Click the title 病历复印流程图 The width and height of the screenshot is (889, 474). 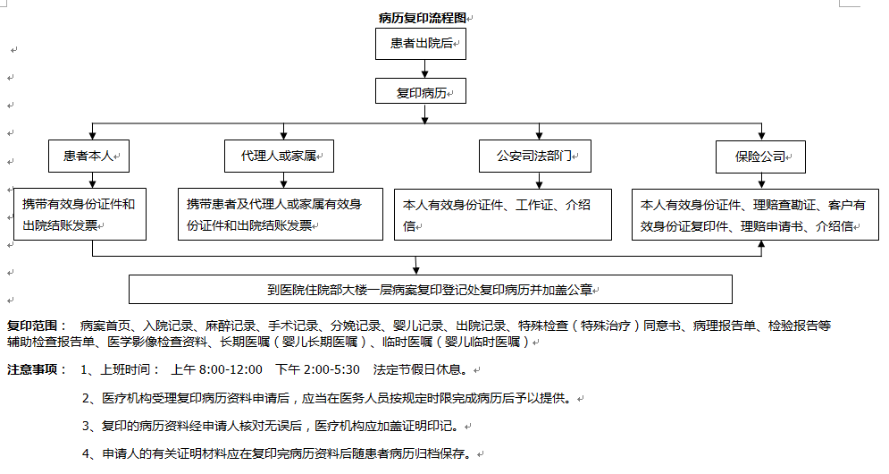click(x=423, y=18)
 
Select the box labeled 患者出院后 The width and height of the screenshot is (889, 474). click(x=421, y=44)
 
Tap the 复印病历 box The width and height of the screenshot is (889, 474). click(x=421, y=91)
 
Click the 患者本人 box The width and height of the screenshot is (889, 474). click(x=89, y=157)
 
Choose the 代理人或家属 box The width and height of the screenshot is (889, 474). click(x=279, y=157)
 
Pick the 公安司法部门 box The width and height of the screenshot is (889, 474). click(x=535, y=157)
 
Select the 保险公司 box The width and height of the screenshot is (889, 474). click(x=760, y=157)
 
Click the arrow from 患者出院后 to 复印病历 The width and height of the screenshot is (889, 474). click(x=424, y=69)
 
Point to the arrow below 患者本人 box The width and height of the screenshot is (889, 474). click(x=92, y=180)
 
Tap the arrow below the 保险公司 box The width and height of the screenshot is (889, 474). click(x=761, y=181)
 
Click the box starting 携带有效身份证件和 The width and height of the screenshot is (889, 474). click(x=80, y=215)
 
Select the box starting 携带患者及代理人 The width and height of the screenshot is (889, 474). click(x=281, y=215)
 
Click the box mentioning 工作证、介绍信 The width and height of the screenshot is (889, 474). click(x=503, y=215)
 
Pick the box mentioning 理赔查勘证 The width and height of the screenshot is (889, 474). click(x=755, y=215)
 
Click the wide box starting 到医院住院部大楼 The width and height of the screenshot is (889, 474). click(x=431, y=290)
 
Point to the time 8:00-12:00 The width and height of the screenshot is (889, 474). click(x=231, y=369)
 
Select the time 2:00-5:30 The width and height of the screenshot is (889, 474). click(x=331, y=369)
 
